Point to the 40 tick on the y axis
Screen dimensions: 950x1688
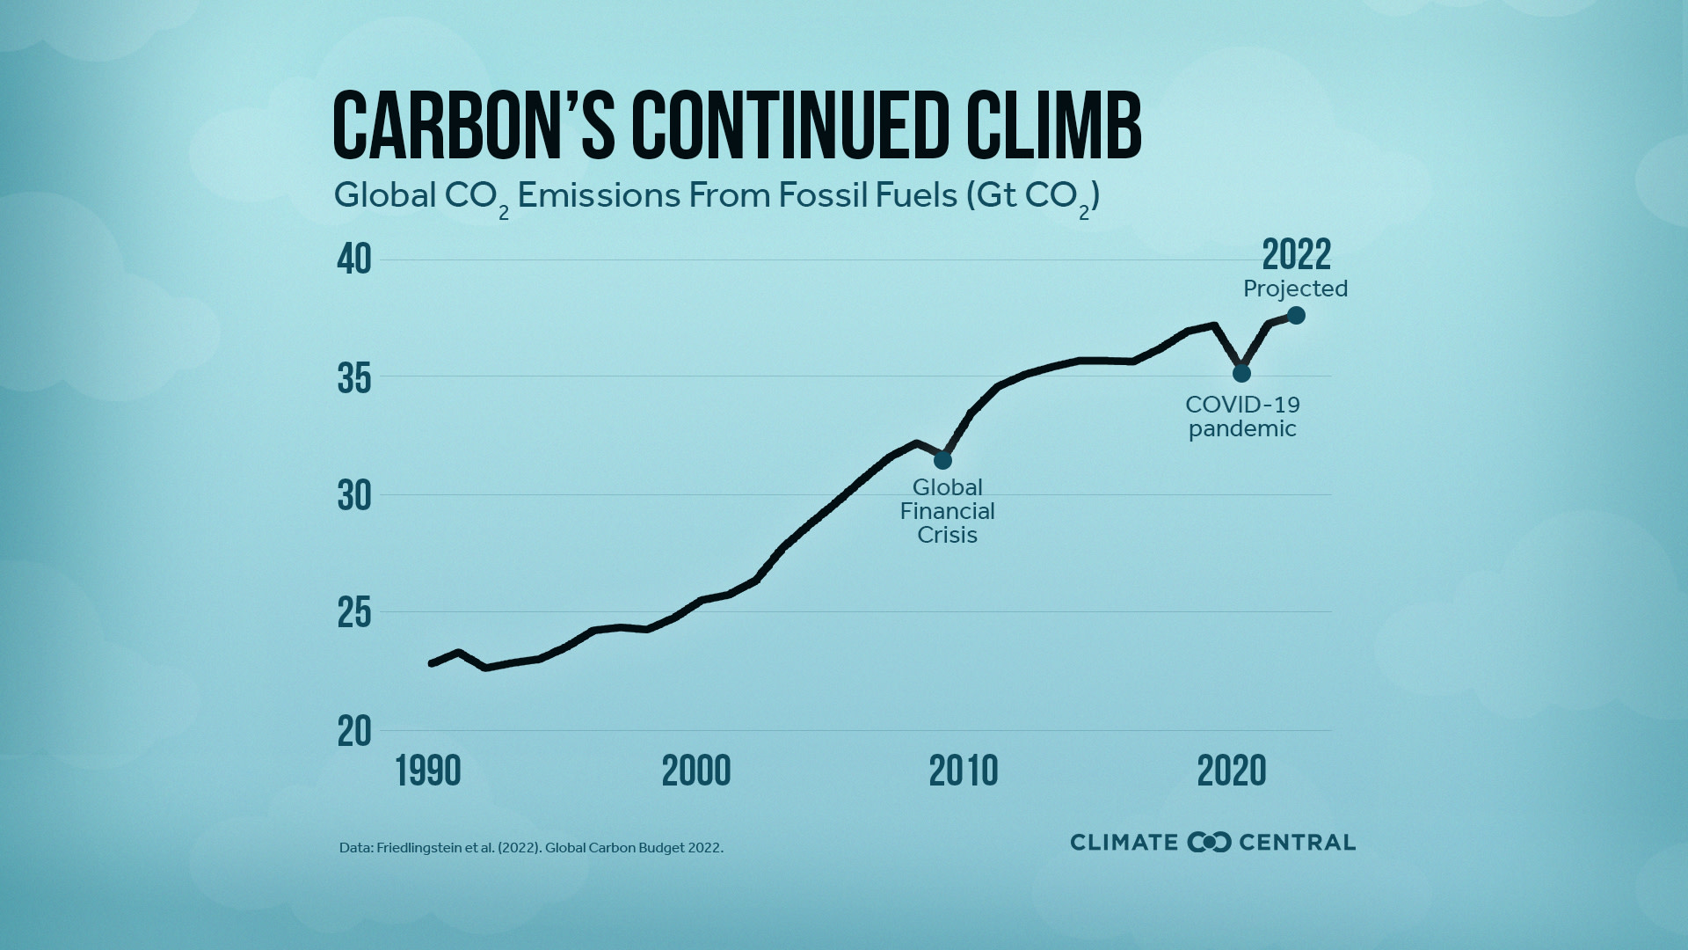pos(354,259)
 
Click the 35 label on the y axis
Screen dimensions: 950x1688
pos(354,379)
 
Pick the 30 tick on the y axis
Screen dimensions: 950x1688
pos(354,497)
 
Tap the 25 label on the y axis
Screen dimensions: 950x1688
pos(354,614)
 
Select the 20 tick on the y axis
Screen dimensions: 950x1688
pos(354,731)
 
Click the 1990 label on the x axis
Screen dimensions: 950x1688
pos(428,771)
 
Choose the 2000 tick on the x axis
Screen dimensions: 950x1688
pos(695,771)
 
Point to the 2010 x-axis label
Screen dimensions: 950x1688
pos(964,771)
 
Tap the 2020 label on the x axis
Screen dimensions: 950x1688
pos(1231,771)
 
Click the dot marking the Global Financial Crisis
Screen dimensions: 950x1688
pos(942,460)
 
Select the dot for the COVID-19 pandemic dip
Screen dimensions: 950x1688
pos(1241,373)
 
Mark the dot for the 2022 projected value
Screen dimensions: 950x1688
pos(1296,315)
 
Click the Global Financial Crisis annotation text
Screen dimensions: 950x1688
pos(947,511)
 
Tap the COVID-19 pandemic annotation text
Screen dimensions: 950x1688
pos(1242,417)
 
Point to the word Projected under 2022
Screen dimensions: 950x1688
pos(1295,289)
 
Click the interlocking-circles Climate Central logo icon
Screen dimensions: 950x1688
pos(1209,842)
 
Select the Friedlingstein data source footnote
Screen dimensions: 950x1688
pos(531,848)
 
